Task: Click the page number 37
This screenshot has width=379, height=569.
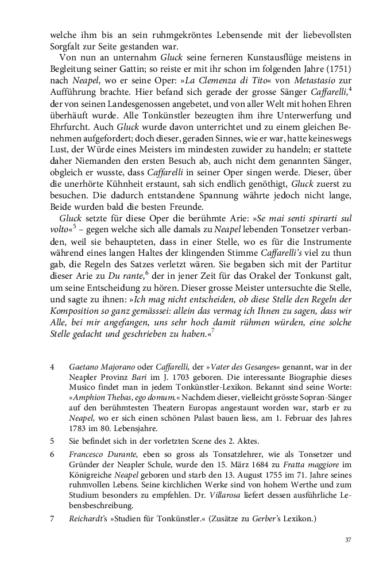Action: point(348,540)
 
